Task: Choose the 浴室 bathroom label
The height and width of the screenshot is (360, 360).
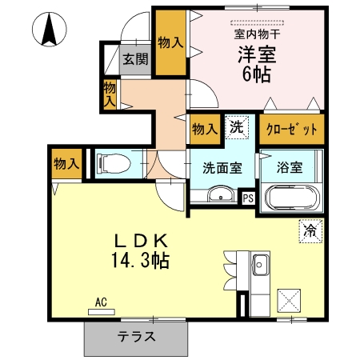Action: coord(289,168)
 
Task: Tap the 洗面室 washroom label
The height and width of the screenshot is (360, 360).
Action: coord(221,168)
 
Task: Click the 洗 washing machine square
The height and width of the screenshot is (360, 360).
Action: coord(237,126)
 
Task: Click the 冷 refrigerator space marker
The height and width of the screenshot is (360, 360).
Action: coord(309,230)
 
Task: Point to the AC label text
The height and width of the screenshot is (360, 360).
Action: coord(101,302)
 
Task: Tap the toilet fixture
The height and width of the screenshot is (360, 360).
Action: coord(112,164)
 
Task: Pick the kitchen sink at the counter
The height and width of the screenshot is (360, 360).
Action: coord(260,265)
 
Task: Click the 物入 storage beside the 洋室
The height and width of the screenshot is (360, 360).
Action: coord(168,42)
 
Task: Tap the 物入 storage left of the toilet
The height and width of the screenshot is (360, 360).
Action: coord(66,164)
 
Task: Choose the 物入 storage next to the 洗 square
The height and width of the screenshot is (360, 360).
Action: coord(205,127)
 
